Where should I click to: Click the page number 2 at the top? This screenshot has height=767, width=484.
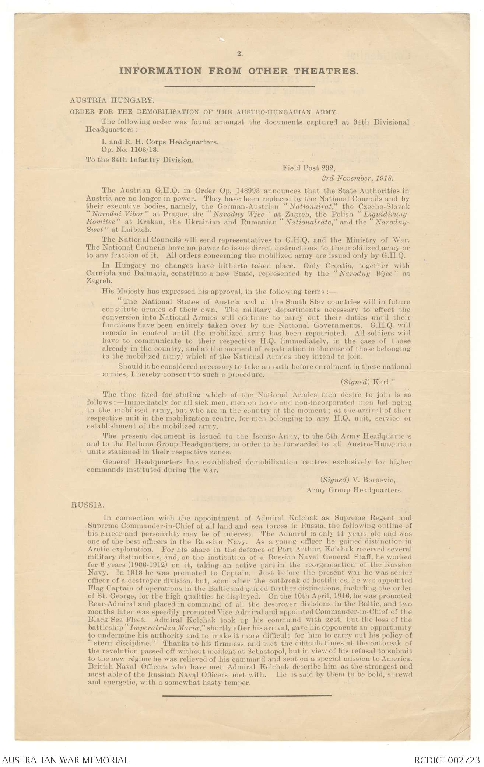pos(239,54)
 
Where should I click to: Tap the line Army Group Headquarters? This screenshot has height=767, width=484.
pos(354,490)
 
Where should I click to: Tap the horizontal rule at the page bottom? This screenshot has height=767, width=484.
pos(246,695)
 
